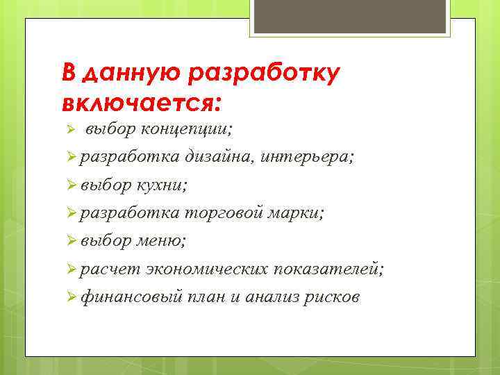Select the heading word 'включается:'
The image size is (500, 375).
[142, 103]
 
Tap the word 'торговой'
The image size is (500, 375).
[224, 213]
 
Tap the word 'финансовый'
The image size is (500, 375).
[131, 297]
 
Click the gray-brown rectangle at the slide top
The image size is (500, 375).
[351, 17]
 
